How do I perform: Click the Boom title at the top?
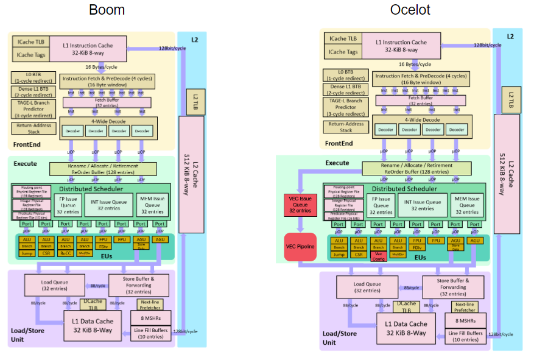point(107,10)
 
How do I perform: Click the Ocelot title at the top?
point(412,10)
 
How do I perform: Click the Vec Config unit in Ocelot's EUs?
point(378,256)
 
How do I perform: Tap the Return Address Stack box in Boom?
point(33,128)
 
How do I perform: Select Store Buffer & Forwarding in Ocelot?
point(452,286)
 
